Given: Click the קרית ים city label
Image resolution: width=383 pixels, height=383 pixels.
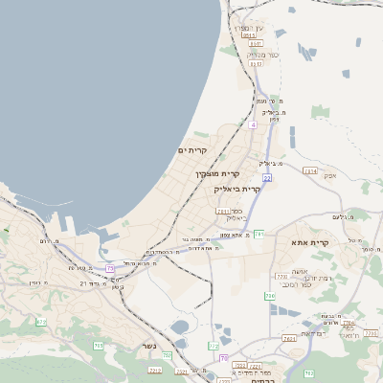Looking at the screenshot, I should click(192, 150).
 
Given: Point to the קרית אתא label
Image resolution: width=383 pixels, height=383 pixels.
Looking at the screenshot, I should click(310, 242).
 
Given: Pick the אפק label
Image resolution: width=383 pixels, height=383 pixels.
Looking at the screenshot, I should click(330, 175).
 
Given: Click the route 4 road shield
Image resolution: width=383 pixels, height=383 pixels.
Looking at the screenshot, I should click(253, 124).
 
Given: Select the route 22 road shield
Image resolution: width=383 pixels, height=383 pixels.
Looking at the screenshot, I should click(268, 177).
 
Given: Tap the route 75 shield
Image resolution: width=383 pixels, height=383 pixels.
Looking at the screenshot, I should click(110, 269).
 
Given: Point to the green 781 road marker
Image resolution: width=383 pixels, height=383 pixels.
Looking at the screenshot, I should click(259, 233).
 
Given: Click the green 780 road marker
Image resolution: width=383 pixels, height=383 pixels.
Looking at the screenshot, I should click(270, 296).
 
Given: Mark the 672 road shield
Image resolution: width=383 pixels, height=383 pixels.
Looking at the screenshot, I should click(41, 322).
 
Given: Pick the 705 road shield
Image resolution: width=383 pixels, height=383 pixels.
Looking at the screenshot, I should click(98, 345).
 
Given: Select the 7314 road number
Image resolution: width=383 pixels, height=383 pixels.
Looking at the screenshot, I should click(309, 170).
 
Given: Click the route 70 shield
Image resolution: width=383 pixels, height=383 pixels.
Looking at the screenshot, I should click(224, 358).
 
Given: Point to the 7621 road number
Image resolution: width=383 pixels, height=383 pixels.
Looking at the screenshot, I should click(289, 338).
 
